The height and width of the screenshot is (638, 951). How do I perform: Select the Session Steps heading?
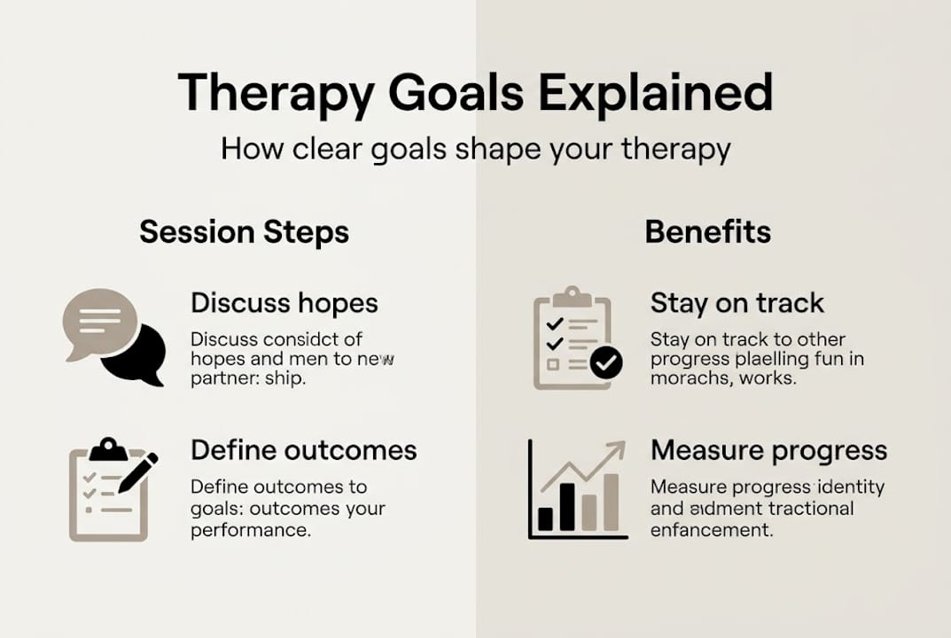tap(244, 232)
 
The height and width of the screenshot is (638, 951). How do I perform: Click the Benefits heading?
tap(707, 232)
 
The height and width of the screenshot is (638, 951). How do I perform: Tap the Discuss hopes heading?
tap(284, 303)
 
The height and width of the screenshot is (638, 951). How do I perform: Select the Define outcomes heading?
tap(303, 449)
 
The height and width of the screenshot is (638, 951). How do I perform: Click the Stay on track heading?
tap(737, 303)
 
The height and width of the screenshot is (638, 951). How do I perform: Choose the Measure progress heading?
tap(768, 449)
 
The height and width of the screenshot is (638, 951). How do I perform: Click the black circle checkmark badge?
tap(606, 362)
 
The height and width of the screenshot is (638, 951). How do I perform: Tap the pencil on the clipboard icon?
tap(138, 473)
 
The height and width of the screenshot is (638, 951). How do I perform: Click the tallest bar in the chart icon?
tap(611, 502)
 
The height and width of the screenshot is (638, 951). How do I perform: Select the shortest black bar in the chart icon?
tap(546, 517)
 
